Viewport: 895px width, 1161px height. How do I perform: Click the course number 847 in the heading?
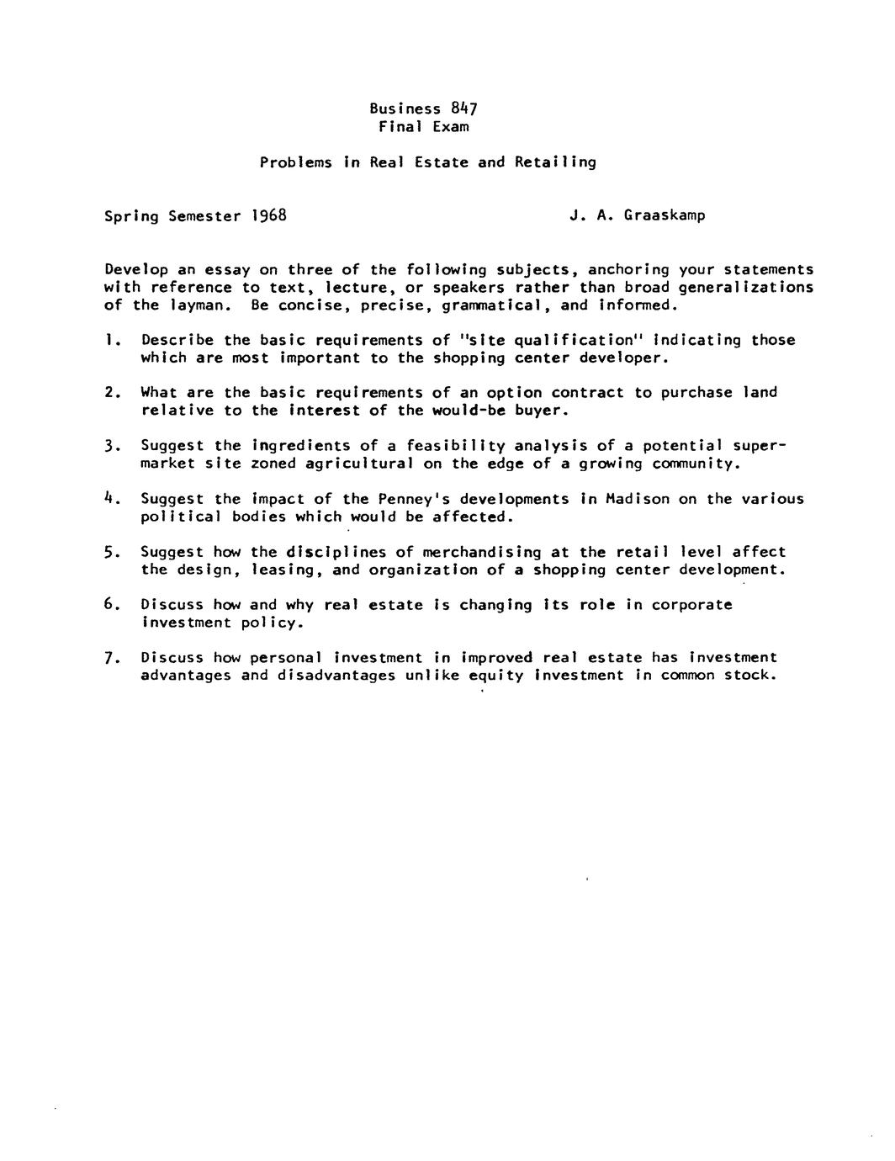click(464, 109)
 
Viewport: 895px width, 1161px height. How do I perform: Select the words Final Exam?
click(423, 127)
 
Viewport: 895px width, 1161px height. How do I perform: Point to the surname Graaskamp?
click(665, 215)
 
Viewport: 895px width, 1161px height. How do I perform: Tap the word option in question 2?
click(514, 393)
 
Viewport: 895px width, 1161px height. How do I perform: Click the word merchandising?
click(482, 552)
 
